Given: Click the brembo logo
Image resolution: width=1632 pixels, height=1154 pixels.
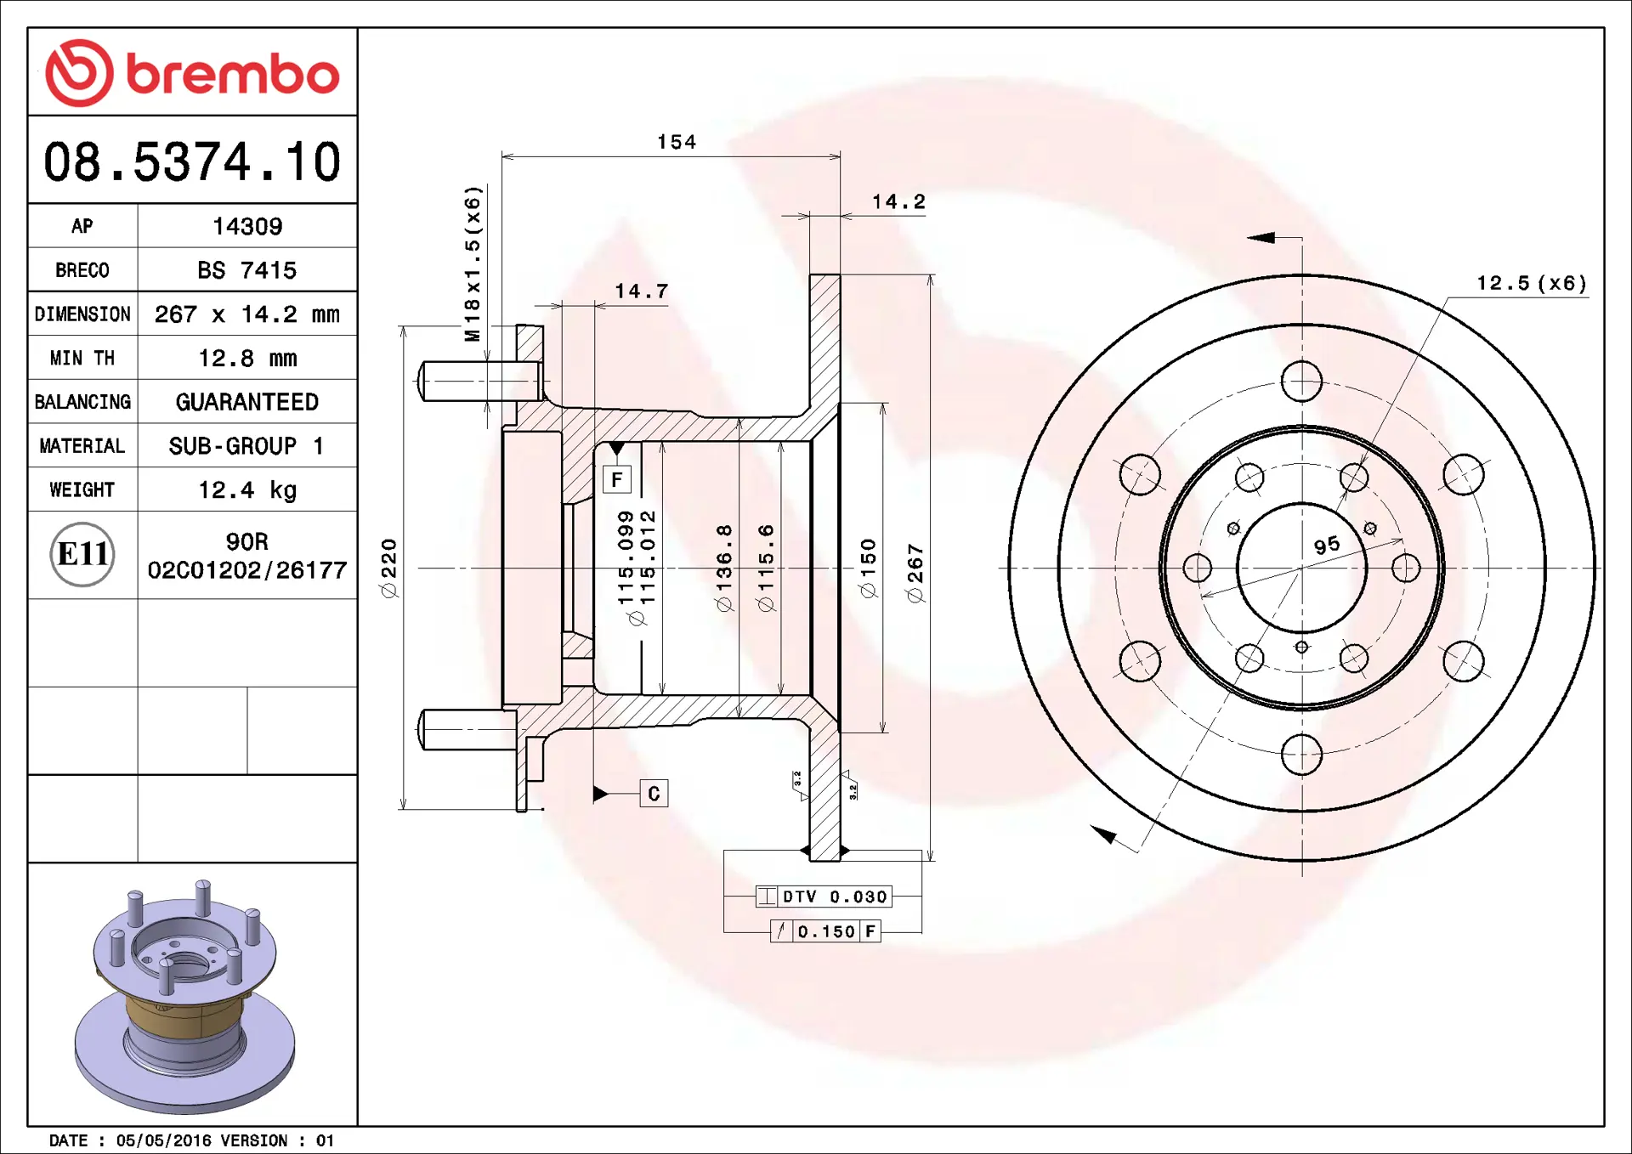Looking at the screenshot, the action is pyautogui.click(x=192, y=73).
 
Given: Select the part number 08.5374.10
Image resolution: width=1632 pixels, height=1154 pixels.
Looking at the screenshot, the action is pyautogui.click(x=192, y=161).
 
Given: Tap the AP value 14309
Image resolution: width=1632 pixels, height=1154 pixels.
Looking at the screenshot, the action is pyautogui.click(x=247, y=226).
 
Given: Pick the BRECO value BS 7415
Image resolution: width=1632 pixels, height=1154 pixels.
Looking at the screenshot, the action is pyautogui.click(x=247, y=270).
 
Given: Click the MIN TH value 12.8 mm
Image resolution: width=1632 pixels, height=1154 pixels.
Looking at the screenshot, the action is pyautogui.click(x=247, y=359).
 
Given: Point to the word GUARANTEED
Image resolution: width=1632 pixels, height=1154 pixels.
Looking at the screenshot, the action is pyautogui.click(x=247, y=402).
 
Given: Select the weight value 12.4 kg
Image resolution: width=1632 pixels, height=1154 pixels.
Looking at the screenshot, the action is pyautogui.click(x=247, y=490).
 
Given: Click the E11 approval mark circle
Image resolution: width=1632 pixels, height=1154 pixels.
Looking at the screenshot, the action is pyautogui.click(x=82, y=554).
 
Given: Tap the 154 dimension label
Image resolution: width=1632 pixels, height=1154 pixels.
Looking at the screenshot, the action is pyautogui.click(x=677, y=142).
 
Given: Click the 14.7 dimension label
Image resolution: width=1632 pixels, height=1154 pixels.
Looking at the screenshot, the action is pyautogui.click(x=642, y=291).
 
